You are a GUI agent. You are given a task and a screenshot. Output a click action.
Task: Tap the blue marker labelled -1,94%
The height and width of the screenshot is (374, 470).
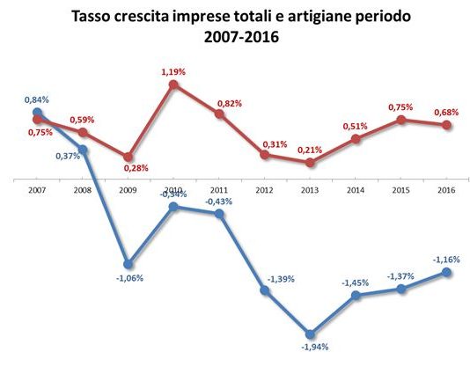[310, 334]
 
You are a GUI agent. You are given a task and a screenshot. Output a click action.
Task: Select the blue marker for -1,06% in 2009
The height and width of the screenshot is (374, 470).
[129, 263]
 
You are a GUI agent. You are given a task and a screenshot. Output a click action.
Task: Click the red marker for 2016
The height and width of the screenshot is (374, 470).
[446, 125]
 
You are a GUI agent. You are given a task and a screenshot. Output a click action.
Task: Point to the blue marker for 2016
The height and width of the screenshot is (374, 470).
[446, 273]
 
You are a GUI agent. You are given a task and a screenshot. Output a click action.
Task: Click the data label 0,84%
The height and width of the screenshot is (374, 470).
[38, 100]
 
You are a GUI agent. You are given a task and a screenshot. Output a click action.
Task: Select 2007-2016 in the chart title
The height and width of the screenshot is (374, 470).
[240, 38]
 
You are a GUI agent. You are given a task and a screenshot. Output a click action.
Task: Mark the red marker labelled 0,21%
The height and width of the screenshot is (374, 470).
[310, 163]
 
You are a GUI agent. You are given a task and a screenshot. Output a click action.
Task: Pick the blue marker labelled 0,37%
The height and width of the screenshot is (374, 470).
[83, 150]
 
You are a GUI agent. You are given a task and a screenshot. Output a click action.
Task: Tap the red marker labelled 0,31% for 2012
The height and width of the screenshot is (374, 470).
[265, 155]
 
